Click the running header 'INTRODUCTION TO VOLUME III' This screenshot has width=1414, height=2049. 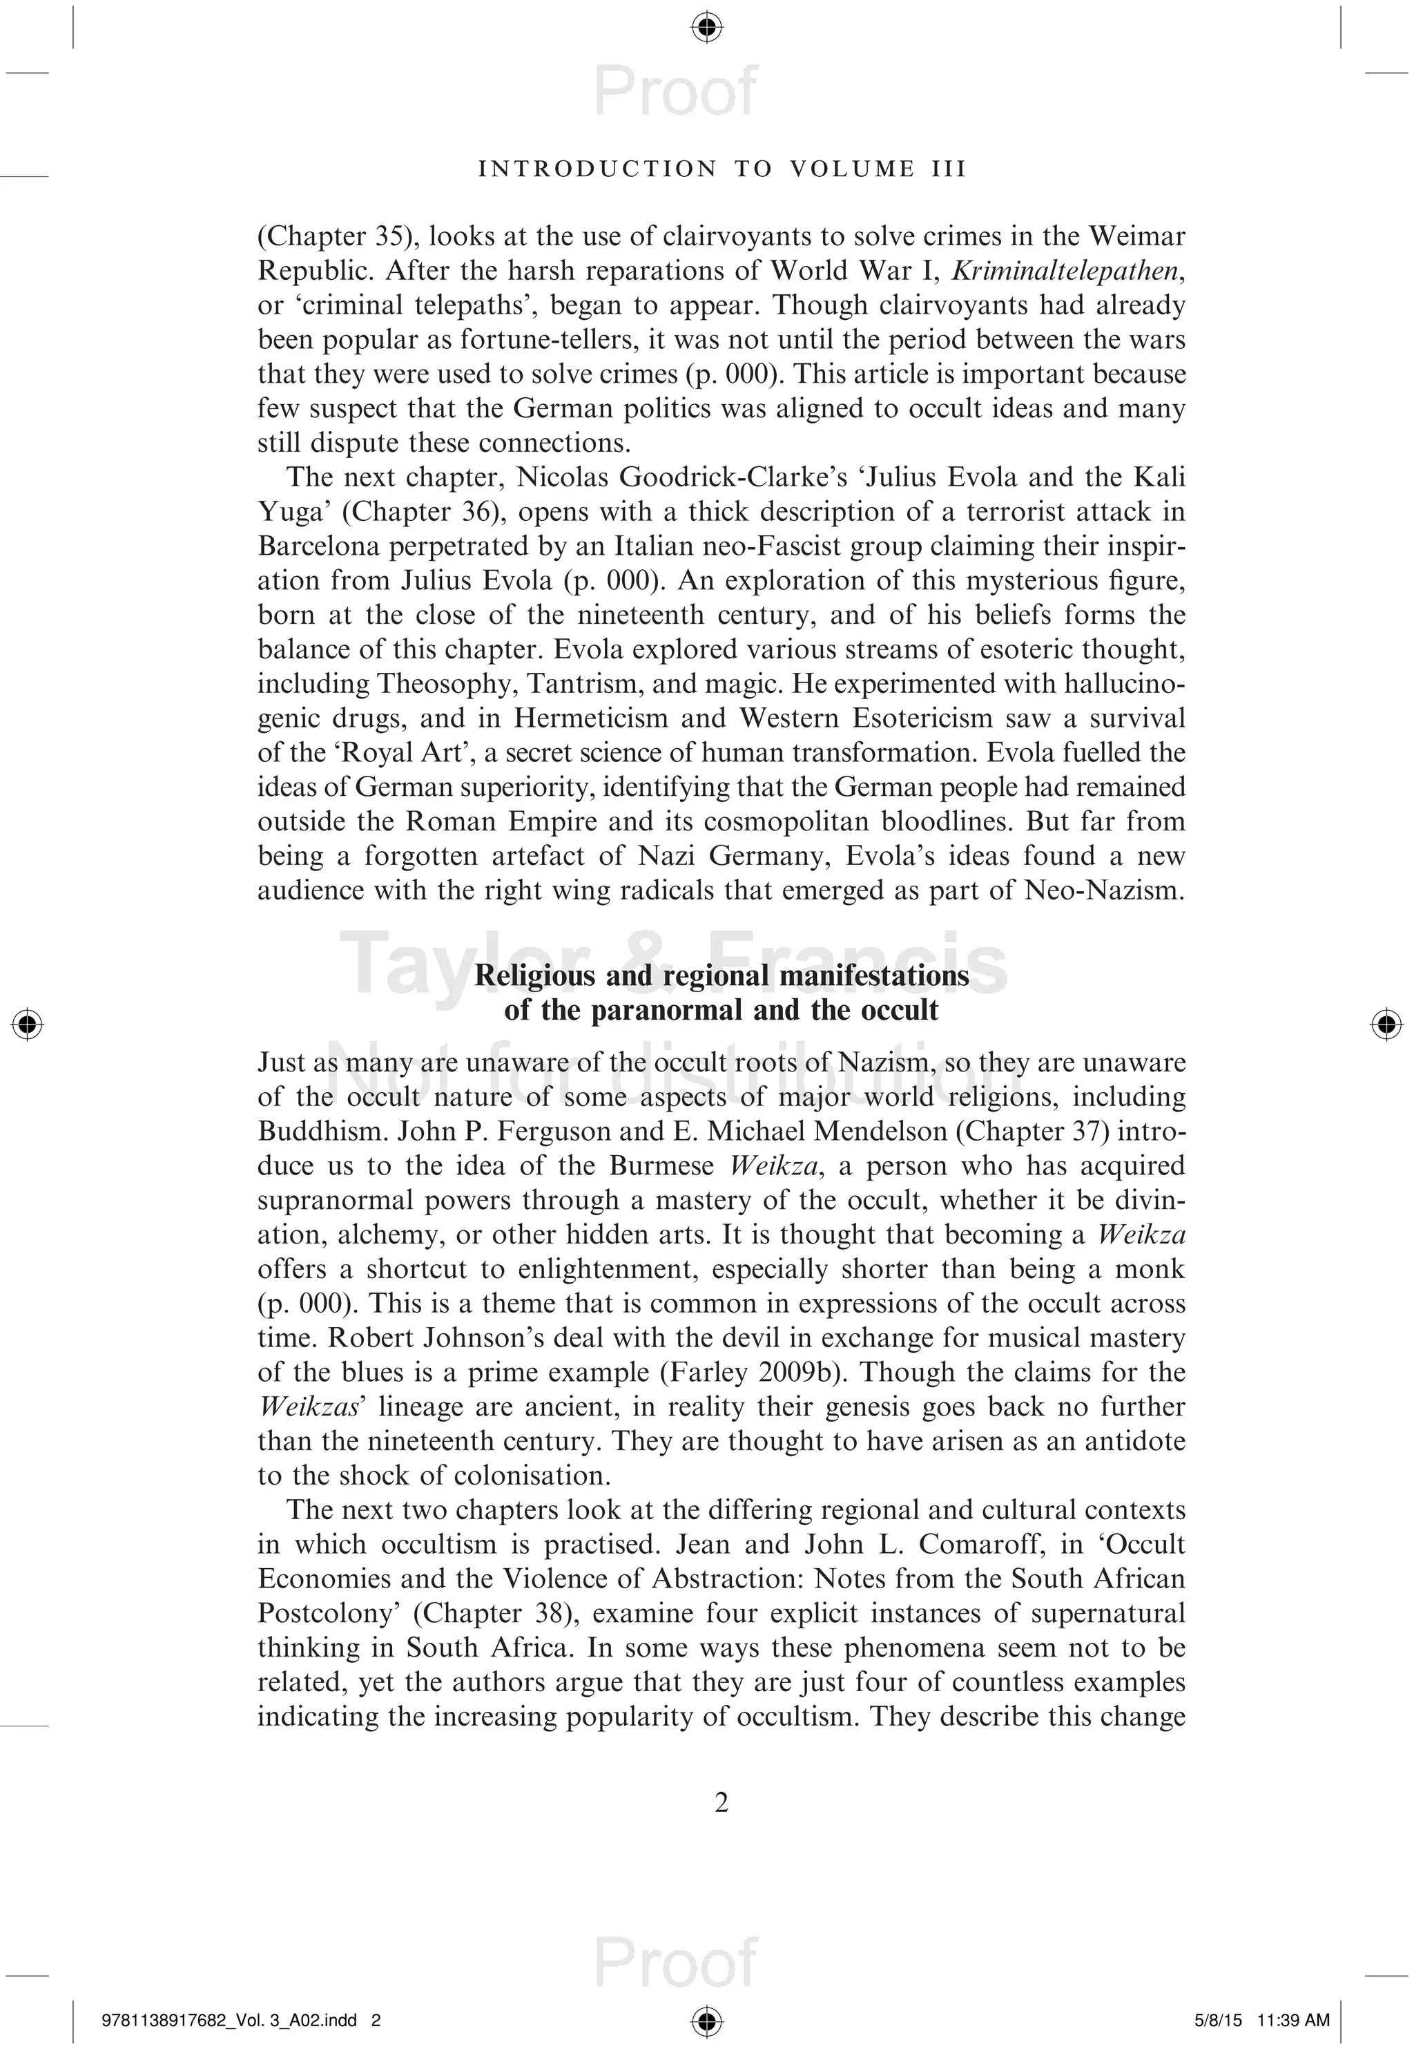click(722, 169)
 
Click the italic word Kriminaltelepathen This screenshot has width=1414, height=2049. click(1067, 270)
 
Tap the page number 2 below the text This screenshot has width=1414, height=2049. click(721, 1802)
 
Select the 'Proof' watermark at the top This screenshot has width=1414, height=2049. click(676, 91)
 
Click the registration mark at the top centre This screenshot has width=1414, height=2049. click(706, 28)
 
